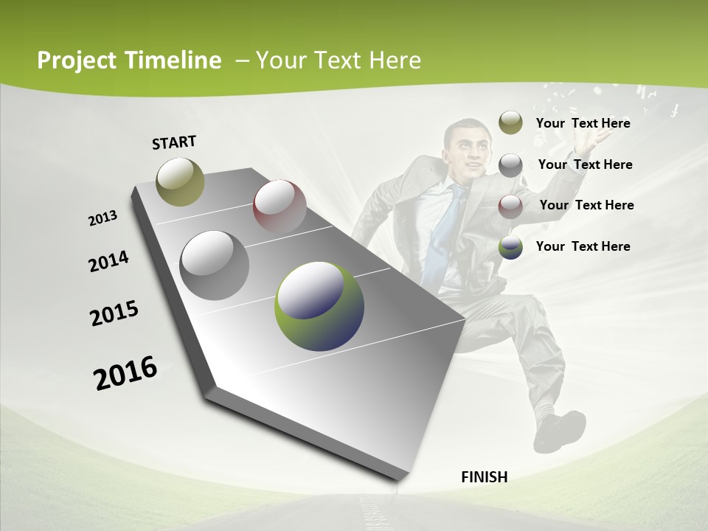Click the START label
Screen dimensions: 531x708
(174, 142)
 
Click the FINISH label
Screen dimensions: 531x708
(484, 477)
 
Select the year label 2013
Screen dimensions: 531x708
(103, 218)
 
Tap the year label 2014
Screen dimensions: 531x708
(108, 261)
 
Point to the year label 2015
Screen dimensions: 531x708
(114, 313)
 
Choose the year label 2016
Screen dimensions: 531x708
(125, 373)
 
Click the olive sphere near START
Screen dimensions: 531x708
(180, 181)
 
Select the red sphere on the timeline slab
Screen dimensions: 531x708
(280, 207)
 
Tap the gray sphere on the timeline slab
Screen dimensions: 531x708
(214, 265)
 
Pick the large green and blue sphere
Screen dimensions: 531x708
(319, 306)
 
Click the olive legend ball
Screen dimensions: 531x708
(510, 122)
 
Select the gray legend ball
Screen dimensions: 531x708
(510, 164)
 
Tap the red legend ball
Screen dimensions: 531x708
(510, 205)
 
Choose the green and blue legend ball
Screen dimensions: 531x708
(510, 246)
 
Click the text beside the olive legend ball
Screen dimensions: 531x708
(583, 123)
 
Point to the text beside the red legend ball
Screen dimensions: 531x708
(586, 205)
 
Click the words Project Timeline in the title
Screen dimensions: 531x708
(129, 60)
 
